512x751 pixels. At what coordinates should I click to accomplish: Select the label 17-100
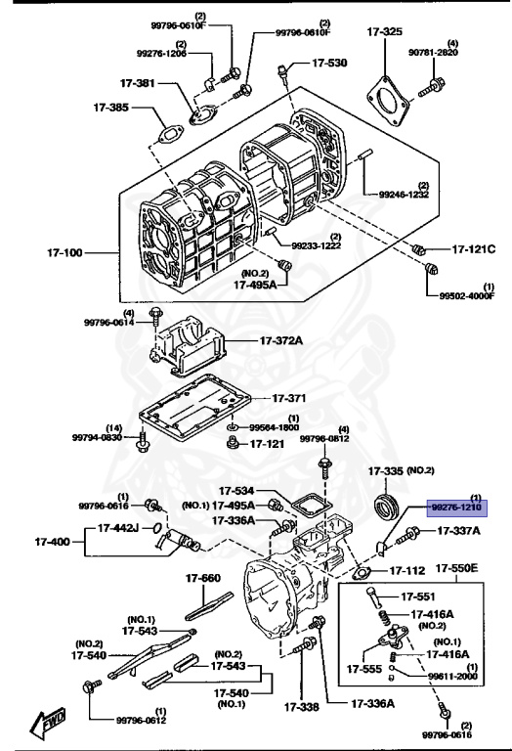click(65, 252)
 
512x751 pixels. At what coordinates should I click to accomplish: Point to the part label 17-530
click(329, 63)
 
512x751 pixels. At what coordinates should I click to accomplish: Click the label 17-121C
click(473, 249)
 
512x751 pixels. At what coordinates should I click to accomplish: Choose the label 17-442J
click(118, 528)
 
